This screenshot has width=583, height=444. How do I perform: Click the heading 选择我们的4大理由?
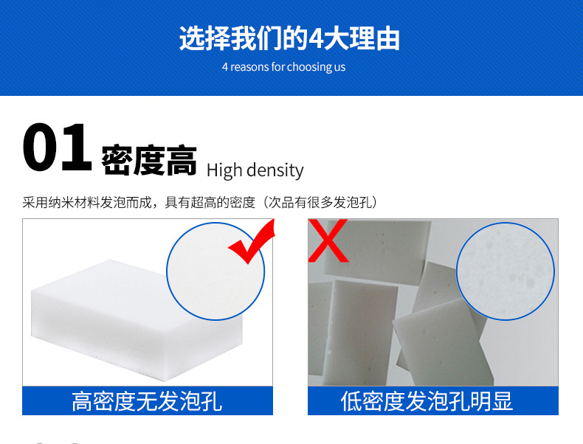tap(289, 38)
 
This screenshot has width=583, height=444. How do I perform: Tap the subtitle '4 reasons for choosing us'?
tap(283, 67)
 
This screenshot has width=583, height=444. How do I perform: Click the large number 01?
tap(57, 149)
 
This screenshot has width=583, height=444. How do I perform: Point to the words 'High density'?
tap(255, 170)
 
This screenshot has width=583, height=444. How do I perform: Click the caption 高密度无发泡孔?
tap(147, 401)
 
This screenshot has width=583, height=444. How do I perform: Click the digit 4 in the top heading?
tap(316, 39)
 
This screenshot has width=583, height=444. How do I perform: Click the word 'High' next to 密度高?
tap(224, 170)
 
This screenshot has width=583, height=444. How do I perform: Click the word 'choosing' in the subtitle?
tap(309, 67)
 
